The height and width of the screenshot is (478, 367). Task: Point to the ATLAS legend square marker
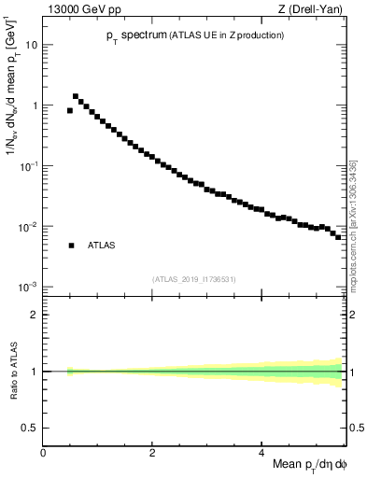tap(71, 246)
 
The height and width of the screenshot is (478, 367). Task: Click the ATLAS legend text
tap(102, 246)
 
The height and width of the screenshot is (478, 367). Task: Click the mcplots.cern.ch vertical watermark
tap(352, 224)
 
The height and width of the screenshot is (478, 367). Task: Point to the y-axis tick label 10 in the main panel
tap(32, 45)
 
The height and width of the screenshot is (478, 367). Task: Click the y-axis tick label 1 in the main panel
tap(35, 105)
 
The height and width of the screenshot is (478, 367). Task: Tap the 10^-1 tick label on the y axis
tap(30, 165)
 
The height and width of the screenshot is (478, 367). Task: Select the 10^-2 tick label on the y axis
tap(30, 226)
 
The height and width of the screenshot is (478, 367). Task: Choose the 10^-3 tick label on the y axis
tap(30, 287)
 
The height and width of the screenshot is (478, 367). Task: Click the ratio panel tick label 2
tap(35, 315)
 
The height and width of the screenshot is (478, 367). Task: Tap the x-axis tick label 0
tap(43, 453)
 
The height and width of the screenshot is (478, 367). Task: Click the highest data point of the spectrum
tap(76, 96)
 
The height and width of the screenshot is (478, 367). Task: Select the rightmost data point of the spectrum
tap(338, 236)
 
